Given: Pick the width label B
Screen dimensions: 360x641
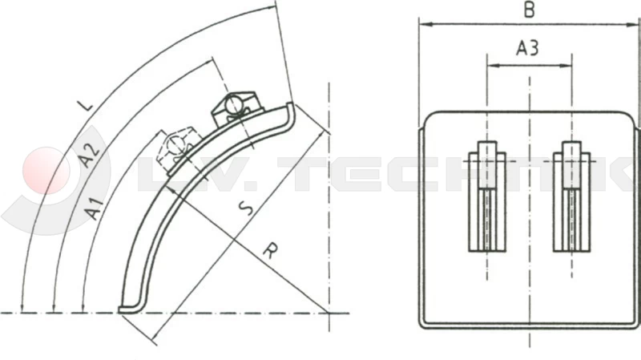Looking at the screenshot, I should [528, 10].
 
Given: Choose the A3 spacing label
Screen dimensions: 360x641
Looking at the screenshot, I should [527, 49].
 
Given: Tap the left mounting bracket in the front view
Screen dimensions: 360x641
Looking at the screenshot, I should [487, 196].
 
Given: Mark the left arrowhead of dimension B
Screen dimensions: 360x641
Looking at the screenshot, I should [424, 24].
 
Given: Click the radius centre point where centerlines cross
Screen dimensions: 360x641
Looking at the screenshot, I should [329, 311].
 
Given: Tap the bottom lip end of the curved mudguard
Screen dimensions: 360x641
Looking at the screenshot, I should [123, 308].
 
